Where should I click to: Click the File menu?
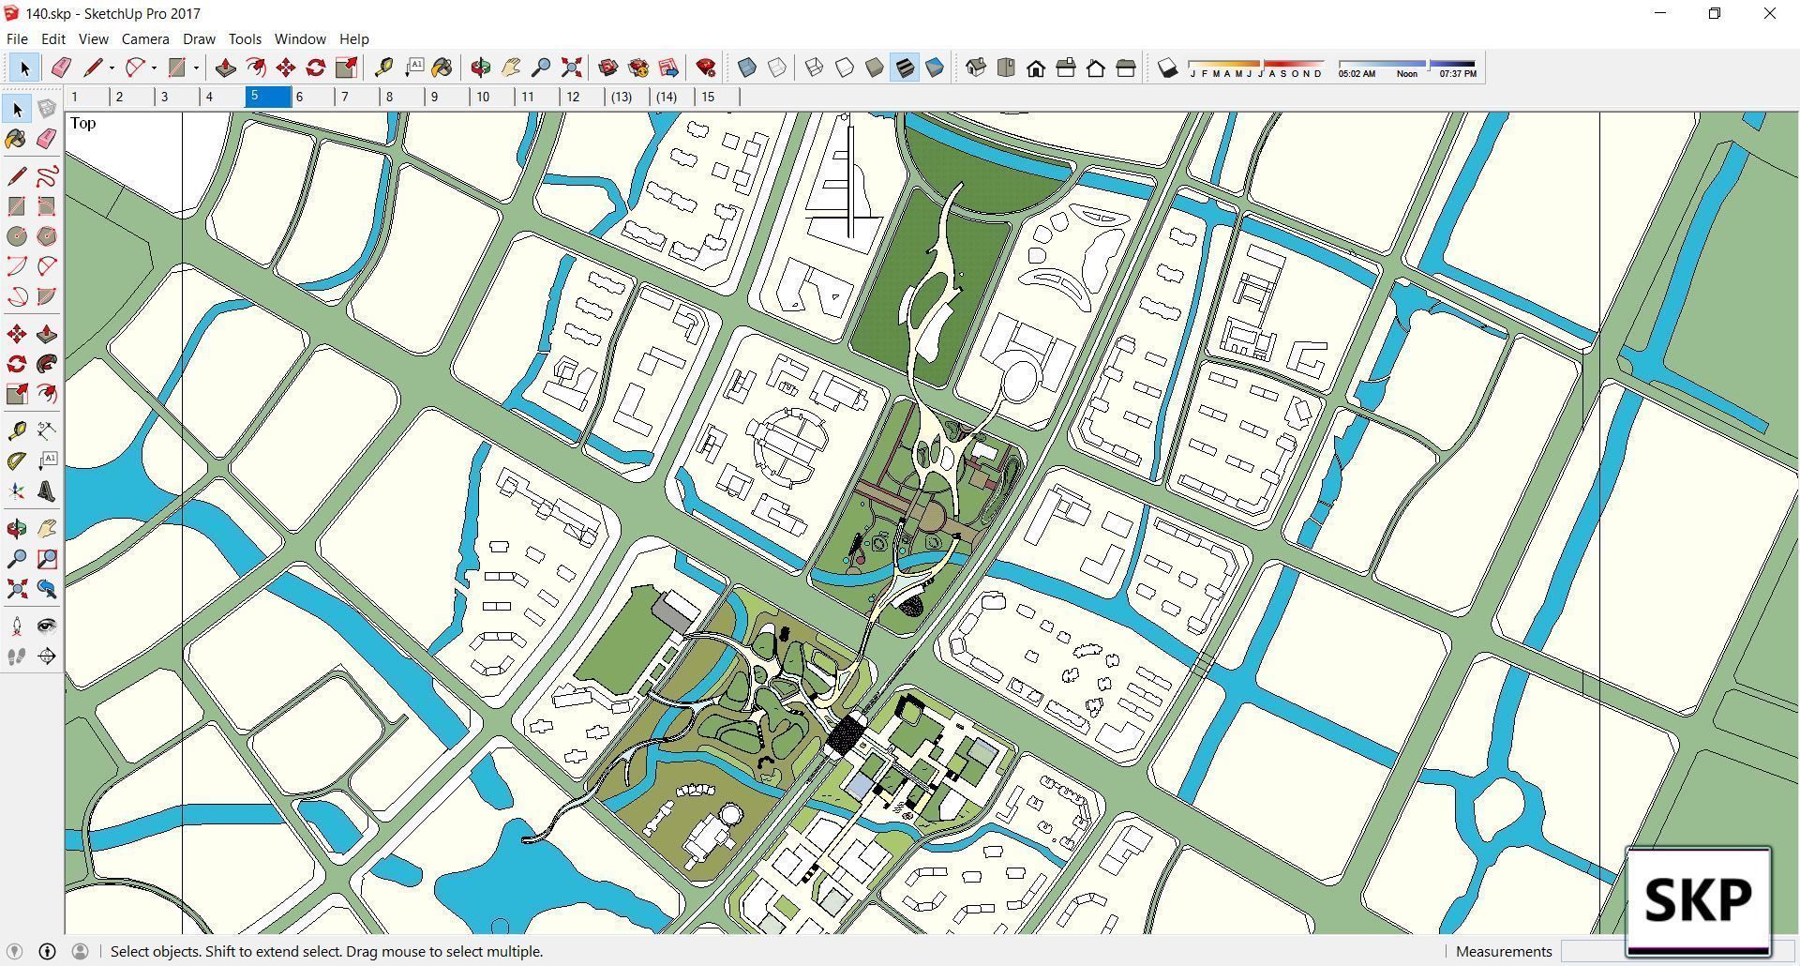(x=17, y=39)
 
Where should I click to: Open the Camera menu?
(x=145, y=39)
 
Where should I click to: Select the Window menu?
(x=300, y=39)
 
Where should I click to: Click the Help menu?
(x=353, y=39)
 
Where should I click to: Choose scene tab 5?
(x=268, y=97)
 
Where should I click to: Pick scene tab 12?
(x=573, y=97)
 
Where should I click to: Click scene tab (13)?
(x=622, y=97)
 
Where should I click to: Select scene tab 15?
(x=708, y=97)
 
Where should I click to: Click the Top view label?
(x=82, y=123)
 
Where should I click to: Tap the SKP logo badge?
(x=1698, y=899)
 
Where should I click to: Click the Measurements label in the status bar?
(x=1504, y=951)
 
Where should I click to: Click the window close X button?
(x=1769, y=13)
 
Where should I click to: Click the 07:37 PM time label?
(x=1457, y=74)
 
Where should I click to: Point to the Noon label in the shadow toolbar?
(x=1406, y=74)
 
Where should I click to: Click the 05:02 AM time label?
(x=1357, y=74)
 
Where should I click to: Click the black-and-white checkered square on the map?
(x=849, y=732)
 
